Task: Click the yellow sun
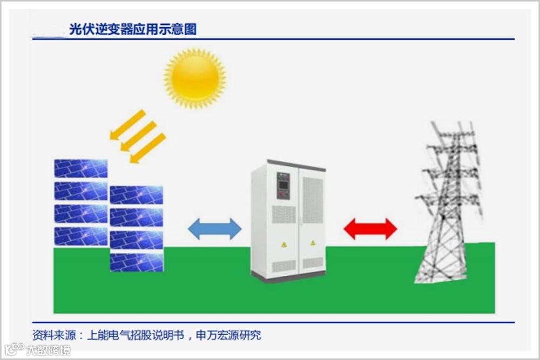tap(195, 79)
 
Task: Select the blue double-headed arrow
tap(214, 229)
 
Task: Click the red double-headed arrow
tap(370, 229)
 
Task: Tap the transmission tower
tap(448, 205)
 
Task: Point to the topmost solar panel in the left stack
tap(80, 168)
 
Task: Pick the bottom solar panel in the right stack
tap(137, 262)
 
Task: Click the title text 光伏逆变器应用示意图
tap(133, 29)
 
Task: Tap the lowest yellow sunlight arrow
tap(148, 148)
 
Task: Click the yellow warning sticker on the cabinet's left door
tap(283, 244)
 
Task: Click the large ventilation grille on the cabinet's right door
tap(313, 200)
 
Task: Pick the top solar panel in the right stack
tap(137, 195)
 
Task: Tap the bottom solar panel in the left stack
tap(80, 236)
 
